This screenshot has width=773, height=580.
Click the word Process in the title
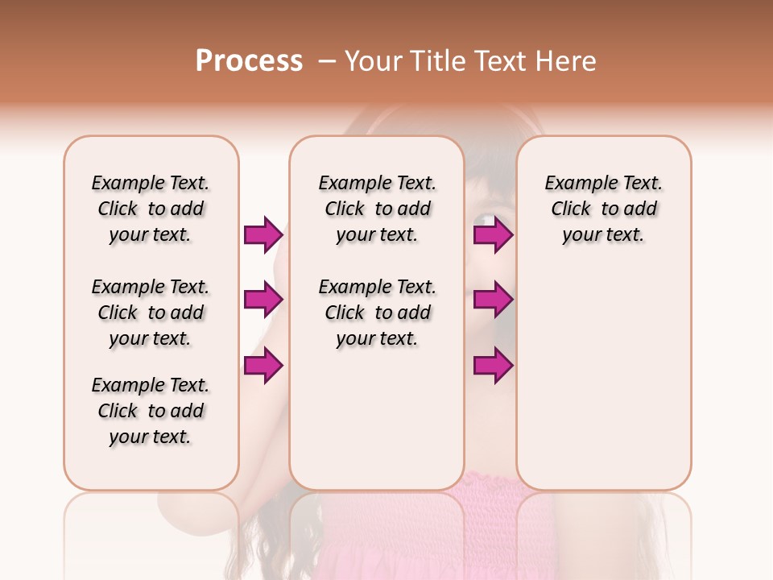click(x=249, y=61)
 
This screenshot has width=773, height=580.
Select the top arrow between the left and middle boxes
click(x=263, y=235)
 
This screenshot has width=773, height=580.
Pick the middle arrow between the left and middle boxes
click(x=263, y=300)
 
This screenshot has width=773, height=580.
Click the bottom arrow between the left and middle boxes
click(x=263, y=366)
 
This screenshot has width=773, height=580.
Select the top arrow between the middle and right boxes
click(x=493, y=235)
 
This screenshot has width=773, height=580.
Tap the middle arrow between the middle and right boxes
click(x=493, y=300)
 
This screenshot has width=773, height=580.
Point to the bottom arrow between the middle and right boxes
click(x=493, y=366)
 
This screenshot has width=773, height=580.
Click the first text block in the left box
click(x=151, y=209)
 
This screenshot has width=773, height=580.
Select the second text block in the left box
click(x=151, y=313)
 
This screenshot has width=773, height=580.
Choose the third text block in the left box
click(x=151, y=411)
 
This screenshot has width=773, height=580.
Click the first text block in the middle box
click(x=377, y=209)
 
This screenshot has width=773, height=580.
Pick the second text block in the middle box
click(x=377, y=313)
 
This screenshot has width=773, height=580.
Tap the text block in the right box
click(x=603, y=209)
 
